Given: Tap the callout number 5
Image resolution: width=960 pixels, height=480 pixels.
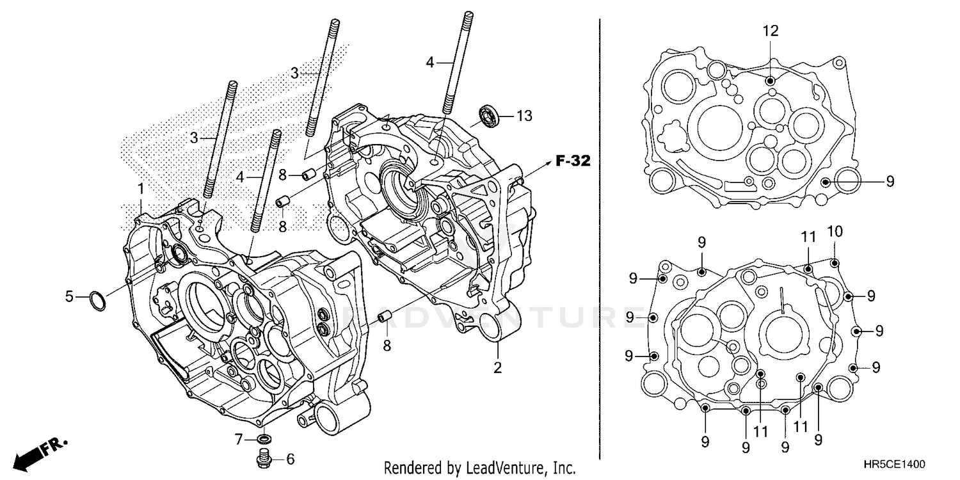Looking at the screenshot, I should [70, 296].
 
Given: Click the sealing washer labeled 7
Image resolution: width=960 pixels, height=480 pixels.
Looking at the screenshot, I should [263, 439].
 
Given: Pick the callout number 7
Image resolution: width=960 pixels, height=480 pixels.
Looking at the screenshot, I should [239, 439].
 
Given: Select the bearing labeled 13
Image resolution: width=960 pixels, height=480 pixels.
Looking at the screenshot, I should [490, 116].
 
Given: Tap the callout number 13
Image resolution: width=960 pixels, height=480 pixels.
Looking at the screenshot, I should [524, 116].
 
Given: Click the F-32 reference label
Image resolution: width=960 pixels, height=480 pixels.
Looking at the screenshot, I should [572, 161].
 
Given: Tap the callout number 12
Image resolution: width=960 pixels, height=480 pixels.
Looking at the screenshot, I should [770, 30].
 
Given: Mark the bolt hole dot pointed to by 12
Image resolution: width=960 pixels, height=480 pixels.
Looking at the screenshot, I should [770, 80].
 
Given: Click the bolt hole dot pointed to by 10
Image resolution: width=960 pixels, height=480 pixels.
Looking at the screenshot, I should [835, 262].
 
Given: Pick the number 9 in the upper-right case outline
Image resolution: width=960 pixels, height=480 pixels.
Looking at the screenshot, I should [890, 182].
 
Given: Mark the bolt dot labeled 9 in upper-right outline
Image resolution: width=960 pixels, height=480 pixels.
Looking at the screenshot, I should [826, 182].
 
